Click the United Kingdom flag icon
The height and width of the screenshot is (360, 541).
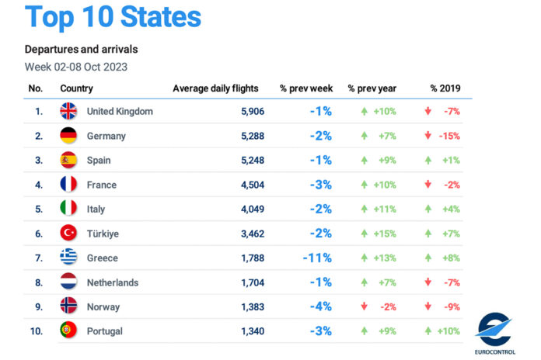68,111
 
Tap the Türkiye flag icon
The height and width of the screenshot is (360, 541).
68,233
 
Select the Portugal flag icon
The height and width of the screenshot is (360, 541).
68,331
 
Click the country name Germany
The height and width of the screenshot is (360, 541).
106,136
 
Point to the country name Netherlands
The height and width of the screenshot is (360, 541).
112,282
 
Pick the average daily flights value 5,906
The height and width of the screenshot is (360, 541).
252,111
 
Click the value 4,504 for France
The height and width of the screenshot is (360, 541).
252,185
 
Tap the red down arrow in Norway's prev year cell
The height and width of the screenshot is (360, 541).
364,306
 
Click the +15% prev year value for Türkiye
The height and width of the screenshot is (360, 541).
384,234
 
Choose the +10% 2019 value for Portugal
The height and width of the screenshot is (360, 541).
449,331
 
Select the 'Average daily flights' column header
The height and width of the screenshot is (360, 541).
215,88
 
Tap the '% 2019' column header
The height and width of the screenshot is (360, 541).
445,88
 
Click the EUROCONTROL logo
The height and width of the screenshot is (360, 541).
494,332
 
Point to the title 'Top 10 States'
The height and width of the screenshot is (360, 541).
113,17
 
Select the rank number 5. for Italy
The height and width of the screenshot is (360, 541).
37,209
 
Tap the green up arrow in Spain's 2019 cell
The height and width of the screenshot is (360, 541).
428,160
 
